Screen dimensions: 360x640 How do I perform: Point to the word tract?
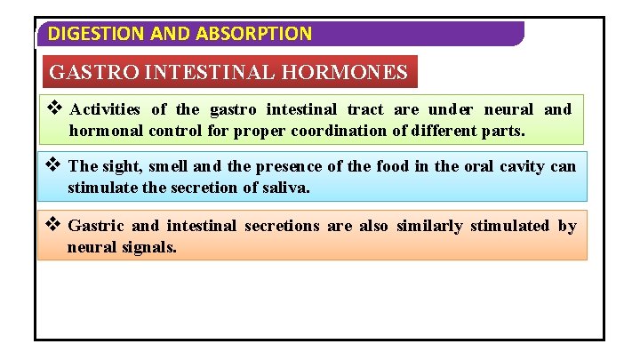pos(364,110)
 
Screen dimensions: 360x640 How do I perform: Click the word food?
pos(392,166)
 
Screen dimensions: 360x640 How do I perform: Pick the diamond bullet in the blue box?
pos(54,165)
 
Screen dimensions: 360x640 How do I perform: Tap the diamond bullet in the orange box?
pos(54,225)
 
